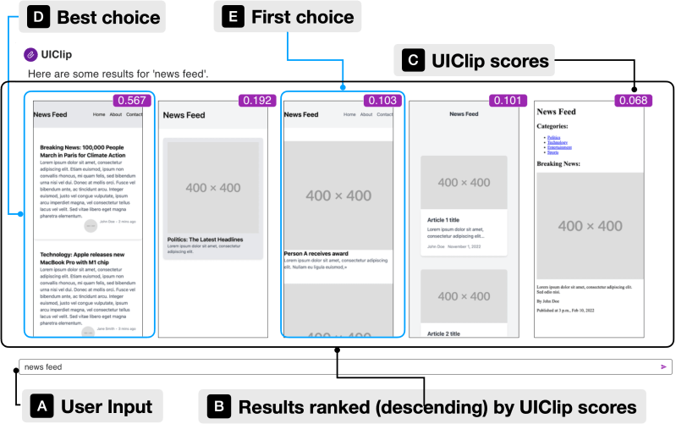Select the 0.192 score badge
tap(258, 101)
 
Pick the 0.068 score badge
tap(633, 101)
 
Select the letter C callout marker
tap(412, 61)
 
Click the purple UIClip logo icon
tap(31, 54)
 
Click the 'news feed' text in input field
tap(43, 367)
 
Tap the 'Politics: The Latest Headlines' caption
tap(206, 239)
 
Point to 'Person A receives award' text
tap(317, 253)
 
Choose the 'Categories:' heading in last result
tap(558, 125)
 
